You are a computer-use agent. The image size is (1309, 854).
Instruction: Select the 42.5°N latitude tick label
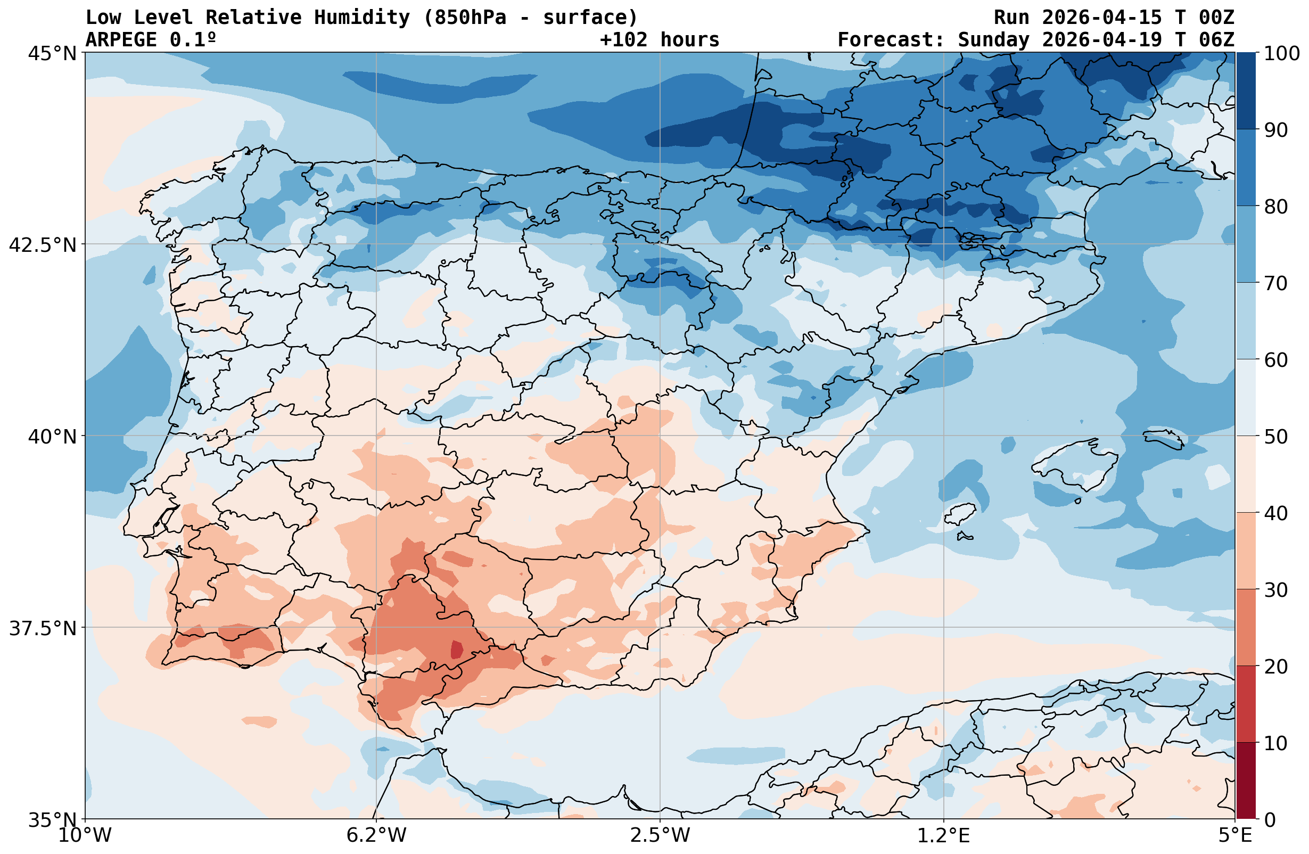43,245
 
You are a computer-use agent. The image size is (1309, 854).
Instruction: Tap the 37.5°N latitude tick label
43,628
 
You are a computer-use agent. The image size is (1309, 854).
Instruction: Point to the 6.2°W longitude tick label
376,835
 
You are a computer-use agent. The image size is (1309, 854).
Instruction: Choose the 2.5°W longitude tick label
660,835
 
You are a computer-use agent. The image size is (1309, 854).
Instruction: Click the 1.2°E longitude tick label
944,835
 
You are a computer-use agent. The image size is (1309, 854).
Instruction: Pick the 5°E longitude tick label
1235,835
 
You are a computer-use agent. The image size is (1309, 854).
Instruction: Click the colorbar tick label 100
1281,54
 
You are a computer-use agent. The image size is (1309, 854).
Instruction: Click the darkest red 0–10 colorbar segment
1246,781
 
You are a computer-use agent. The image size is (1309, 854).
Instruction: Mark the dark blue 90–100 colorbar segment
1246,91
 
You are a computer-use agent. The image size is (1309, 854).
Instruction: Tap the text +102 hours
660,40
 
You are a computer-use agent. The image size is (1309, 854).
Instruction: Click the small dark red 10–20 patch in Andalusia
457,650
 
